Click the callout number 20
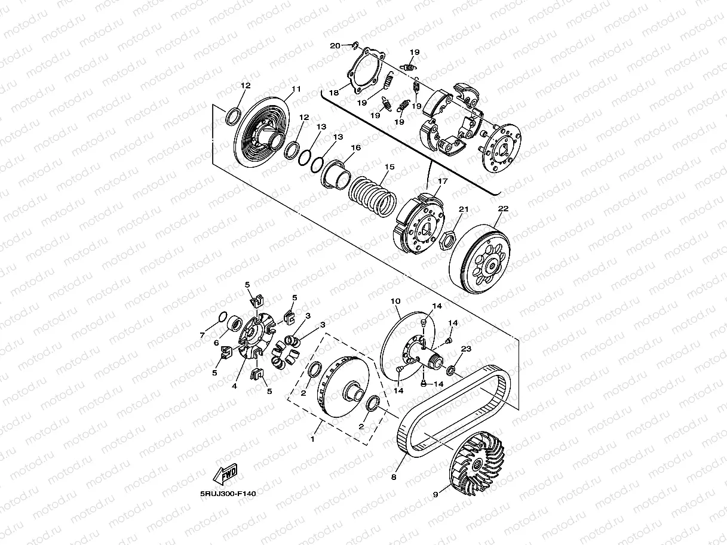tap(335, 46)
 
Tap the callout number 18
tap(333, 93)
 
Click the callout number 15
tap(389, 168)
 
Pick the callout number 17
tap(443, 181)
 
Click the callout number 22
tap(503, 208)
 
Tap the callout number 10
tap(395, 301)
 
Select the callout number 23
tap(466, 348)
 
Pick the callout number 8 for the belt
tap(394, 477)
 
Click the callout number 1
tap(311, 439)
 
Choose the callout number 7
tap(203, 335)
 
